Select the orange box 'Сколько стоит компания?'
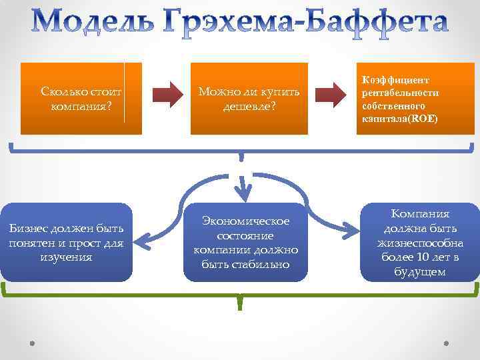click(x=82, y=98)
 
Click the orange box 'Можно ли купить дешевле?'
click(x=249, y=98)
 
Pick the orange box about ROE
click(x=415, y=98)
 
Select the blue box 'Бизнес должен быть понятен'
click(x=67, y=242)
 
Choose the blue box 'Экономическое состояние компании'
click(x=245, y=242)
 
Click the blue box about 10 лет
click(x=419, y=242)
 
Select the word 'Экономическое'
click(x=246, y=221)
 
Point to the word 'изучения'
click(x=66, y=257)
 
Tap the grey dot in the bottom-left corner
click(x=33, y=345)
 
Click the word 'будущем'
click(x=419, y=272)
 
